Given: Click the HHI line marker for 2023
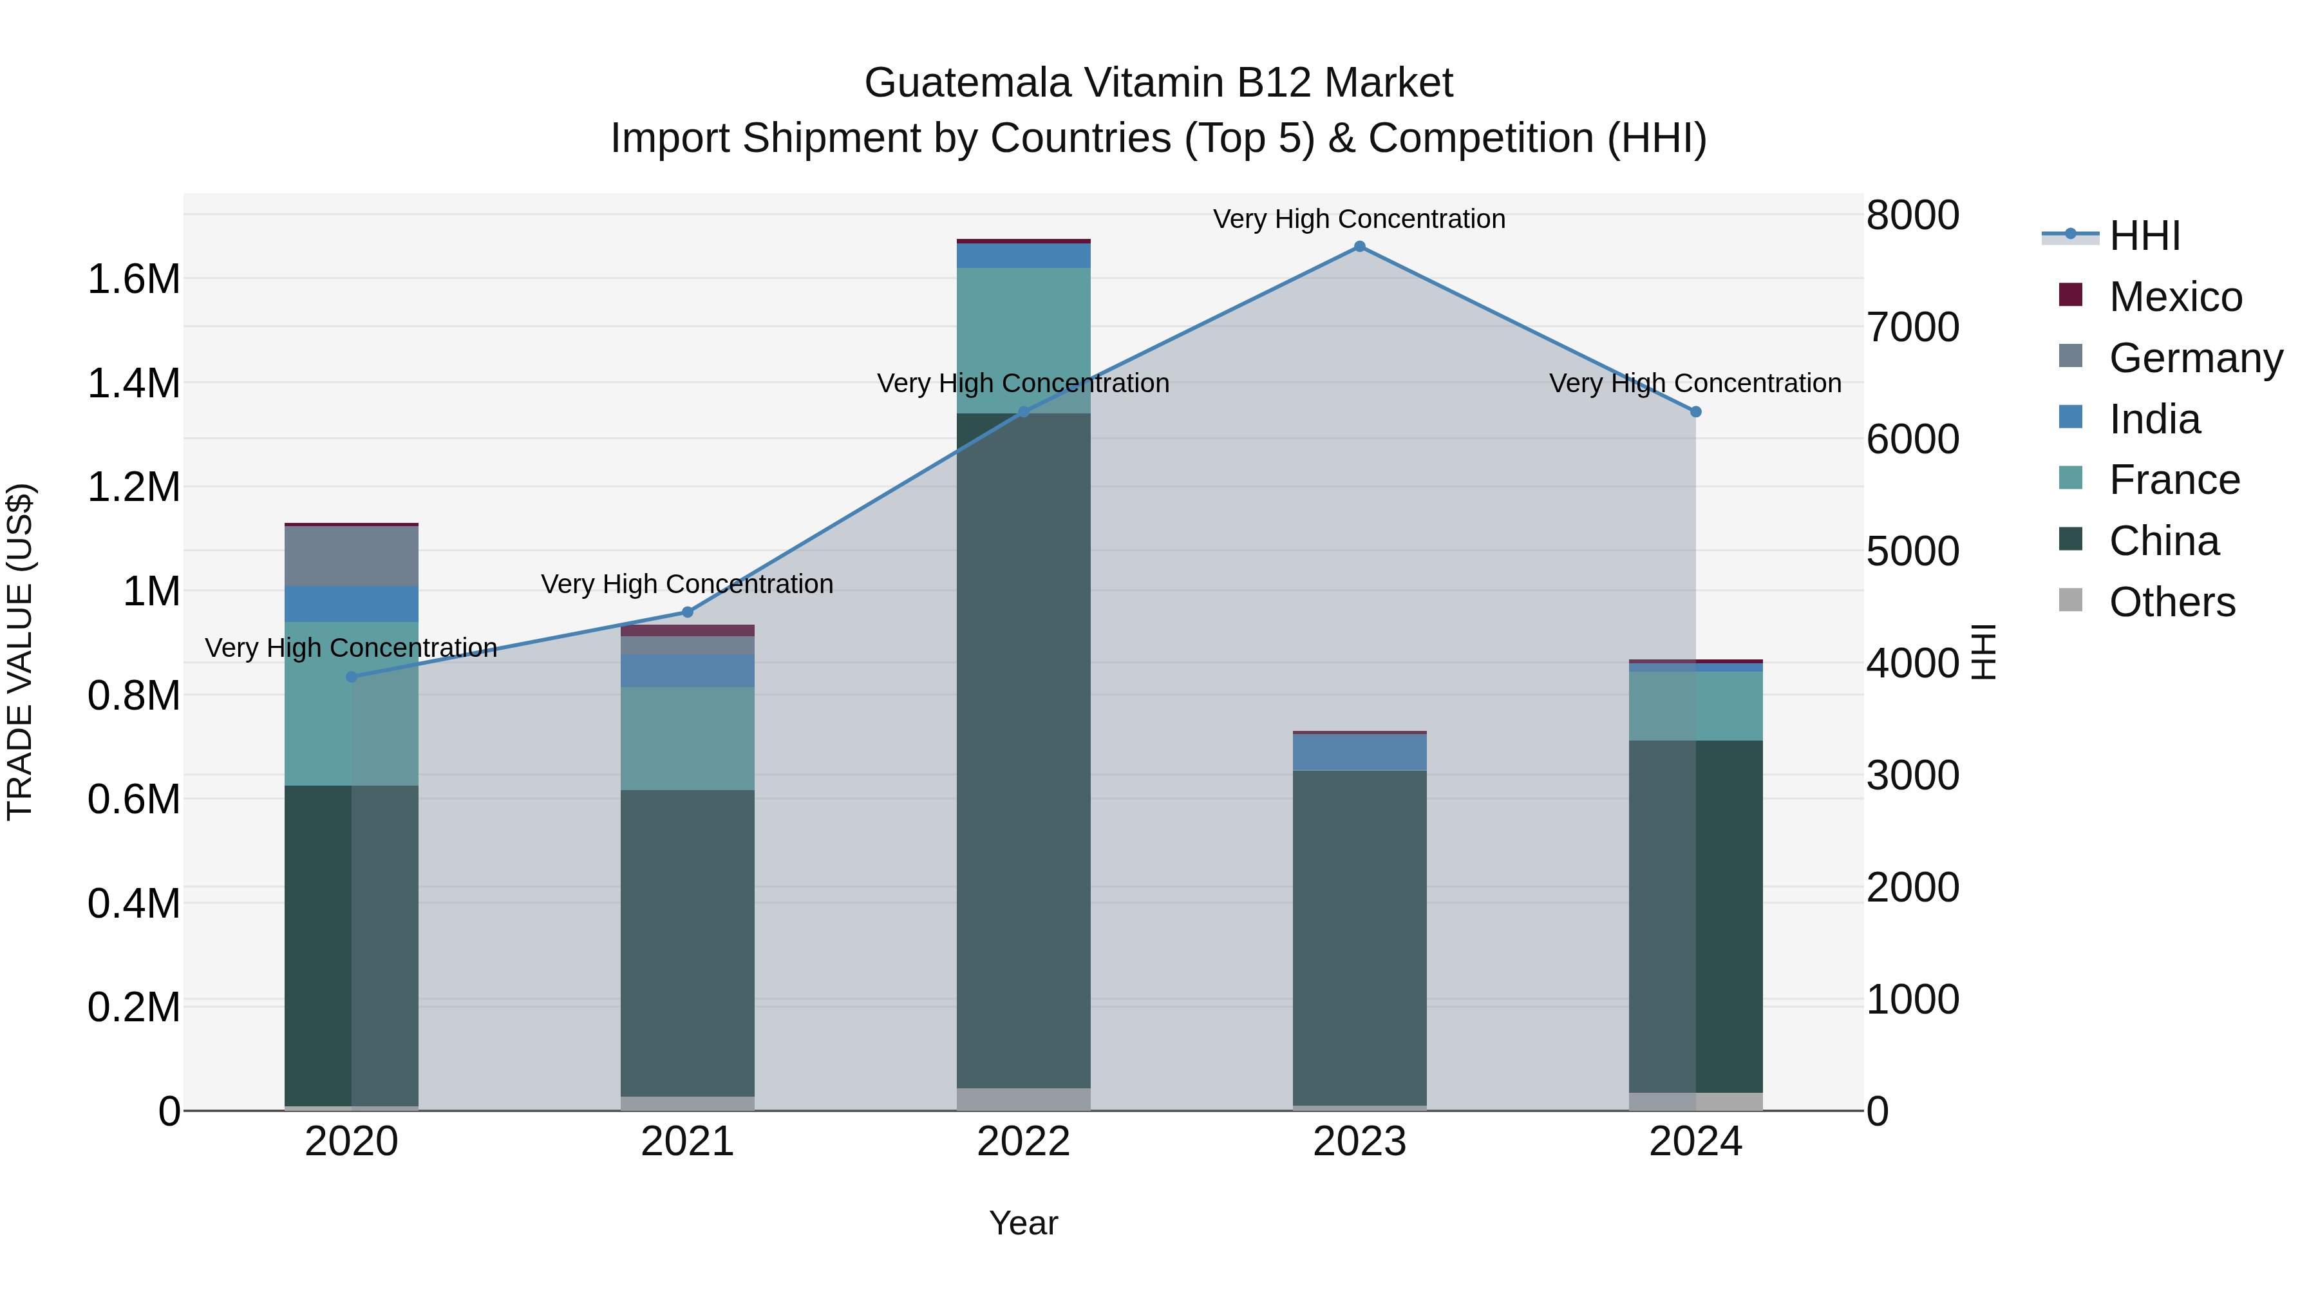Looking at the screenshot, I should click(x=1359, y=247).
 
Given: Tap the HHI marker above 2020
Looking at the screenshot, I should click(x=352, y=677).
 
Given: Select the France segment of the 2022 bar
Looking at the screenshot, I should click(x=1023, y=340).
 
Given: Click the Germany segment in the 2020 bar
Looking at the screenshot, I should click(x=352, y=556).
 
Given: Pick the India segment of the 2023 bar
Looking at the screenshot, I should click(x=1359, y=752).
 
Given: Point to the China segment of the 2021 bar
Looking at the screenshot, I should click(x=688, y=943).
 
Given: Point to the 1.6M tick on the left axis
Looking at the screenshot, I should click(x=133, y=279).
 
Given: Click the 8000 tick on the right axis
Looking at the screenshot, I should click(x=1912, y=216).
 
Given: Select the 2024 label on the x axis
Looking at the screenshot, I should click(x=1695, y=1142).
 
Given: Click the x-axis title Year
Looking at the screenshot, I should click(x=1023, y=1223).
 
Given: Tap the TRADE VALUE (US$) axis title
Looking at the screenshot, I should click(x=20, y=652).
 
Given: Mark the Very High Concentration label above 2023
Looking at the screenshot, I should click(x=1359, y=219).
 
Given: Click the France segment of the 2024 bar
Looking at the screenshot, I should click(x=1695, y=706).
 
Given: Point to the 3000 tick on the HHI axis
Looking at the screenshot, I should click(x=1912, y=776).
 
